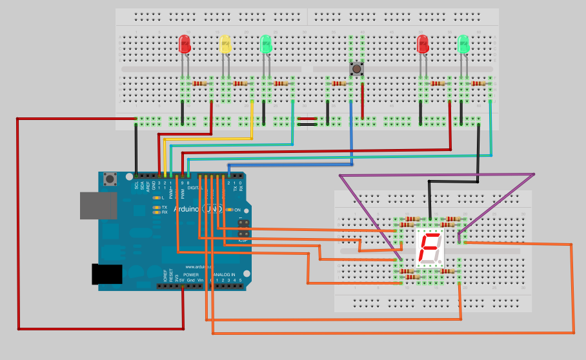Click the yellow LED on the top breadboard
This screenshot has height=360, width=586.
pos(225,44)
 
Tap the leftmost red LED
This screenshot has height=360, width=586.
pos(185,44)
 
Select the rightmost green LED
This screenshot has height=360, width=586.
pos(463,44)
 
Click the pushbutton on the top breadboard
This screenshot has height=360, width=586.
pos(356,68)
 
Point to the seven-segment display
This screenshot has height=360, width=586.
pos(430,248)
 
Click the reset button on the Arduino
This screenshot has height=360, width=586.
pos(110,179)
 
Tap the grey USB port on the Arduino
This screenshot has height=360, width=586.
pos(98,205)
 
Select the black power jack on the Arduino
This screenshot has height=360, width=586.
pos(106,274)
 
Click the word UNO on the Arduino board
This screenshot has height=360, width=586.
pos(212,210)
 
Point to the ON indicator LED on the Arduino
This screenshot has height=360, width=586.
pos(229,210)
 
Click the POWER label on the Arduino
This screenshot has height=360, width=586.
pos(191,275)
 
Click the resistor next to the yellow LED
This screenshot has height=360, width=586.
pos(240,83)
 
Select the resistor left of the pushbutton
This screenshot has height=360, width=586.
pos(339,83)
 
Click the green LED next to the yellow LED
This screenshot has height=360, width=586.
pos(265,44)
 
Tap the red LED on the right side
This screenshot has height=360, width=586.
pos(423,44)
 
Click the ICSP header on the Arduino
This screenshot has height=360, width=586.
pos(244,230)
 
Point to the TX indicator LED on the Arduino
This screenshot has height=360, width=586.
pos(156,207)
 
